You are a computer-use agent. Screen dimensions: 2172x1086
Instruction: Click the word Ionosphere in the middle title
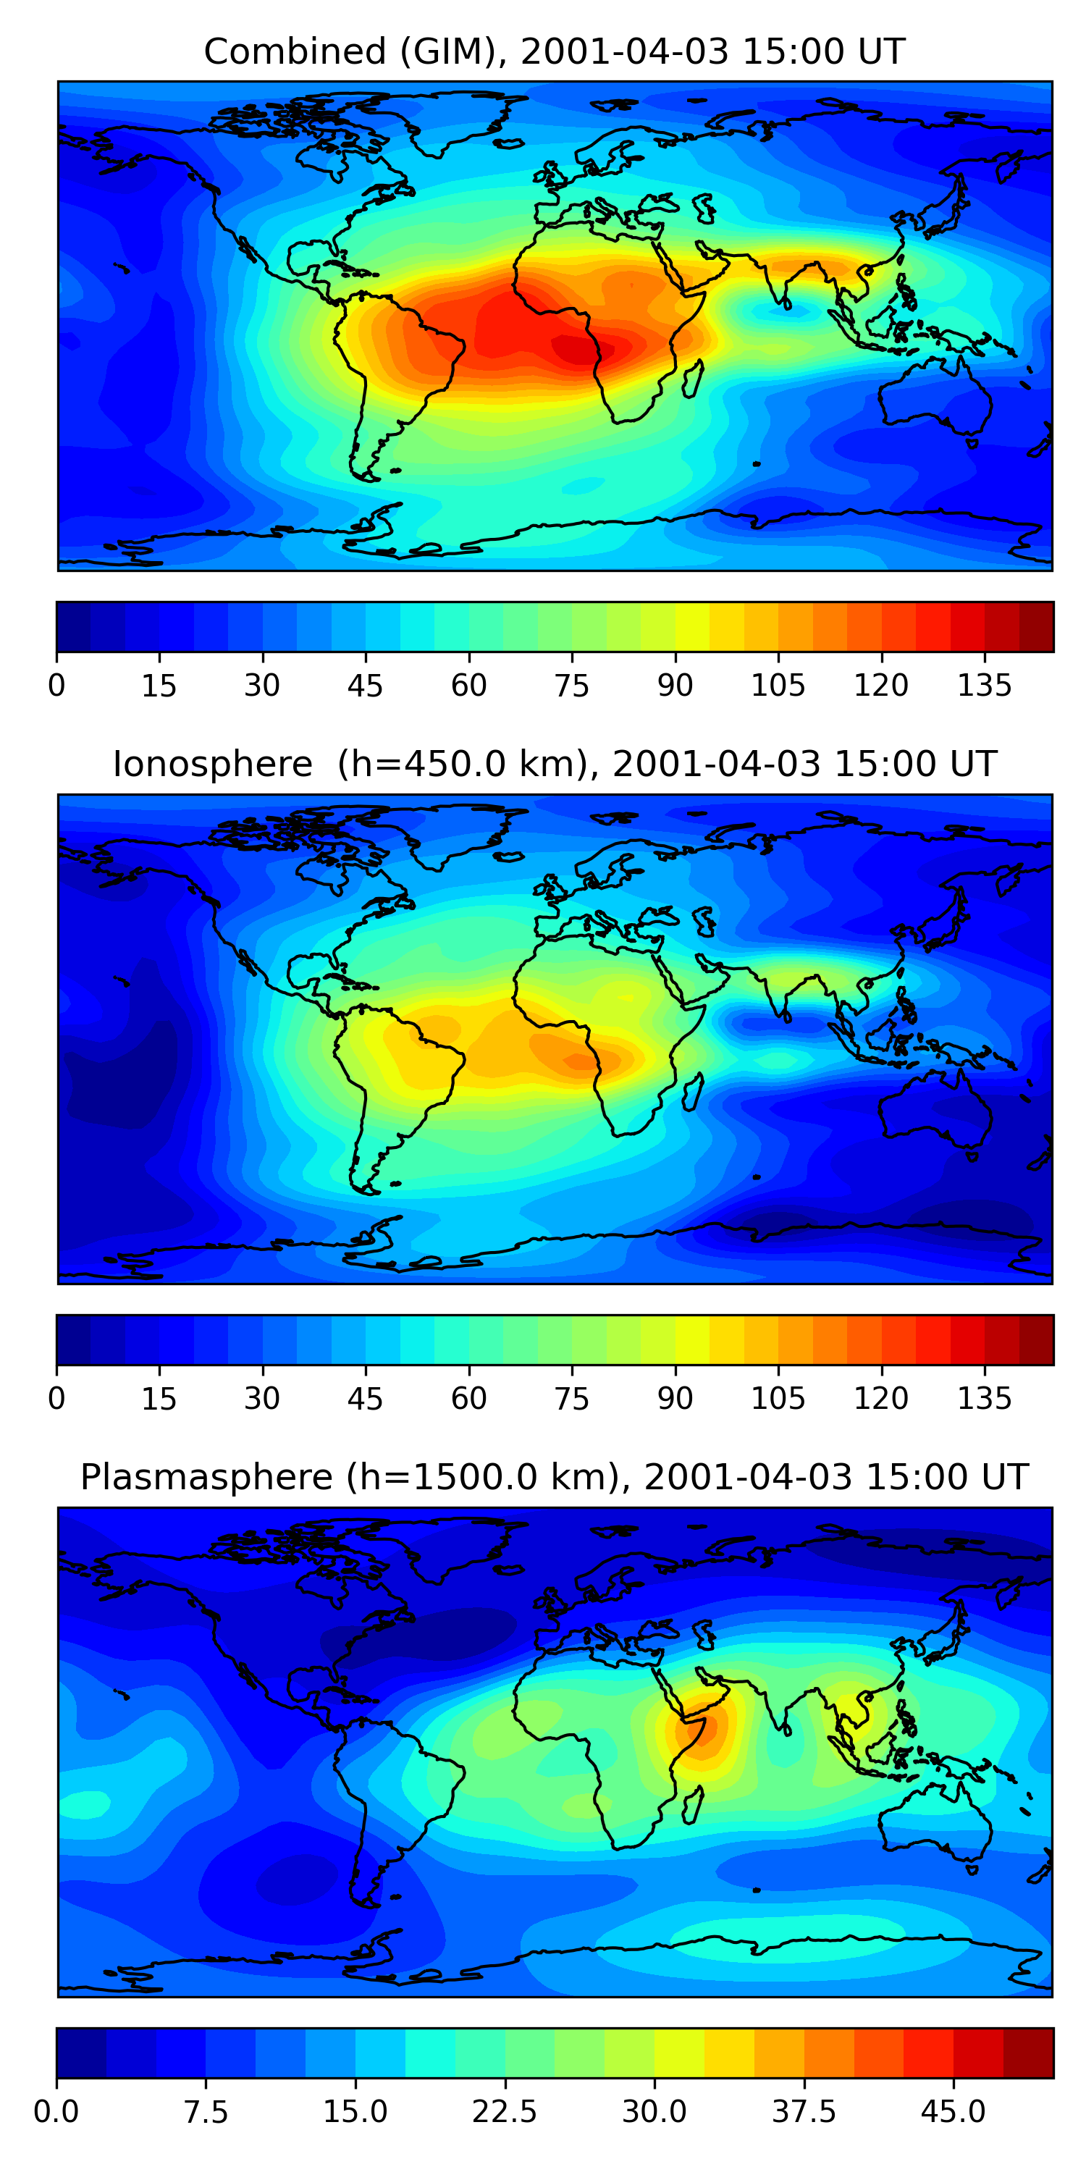[x=212, y=764]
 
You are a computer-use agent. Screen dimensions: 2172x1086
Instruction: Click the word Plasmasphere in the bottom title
[x=206, y=1476]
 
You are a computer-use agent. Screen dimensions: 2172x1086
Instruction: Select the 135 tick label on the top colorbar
[x=984, y=686]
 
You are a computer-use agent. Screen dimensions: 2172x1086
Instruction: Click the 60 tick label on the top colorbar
[x=469, y=686]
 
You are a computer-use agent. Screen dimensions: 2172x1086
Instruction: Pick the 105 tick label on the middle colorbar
[x=778, y=1398]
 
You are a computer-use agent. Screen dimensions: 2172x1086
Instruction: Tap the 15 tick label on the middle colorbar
[x=159, y=1398]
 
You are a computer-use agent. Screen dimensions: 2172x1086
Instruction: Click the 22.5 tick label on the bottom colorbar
[x=504, y=2112]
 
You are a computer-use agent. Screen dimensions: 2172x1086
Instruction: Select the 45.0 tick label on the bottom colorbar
[x=954, y=2112]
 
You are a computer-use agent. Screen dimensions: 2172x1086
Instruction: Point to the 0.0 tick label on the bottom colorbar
[x=56, y=2112]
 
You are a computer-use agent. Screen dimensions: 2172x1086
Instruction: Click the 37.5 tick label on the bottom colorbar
[x=804, y=2112]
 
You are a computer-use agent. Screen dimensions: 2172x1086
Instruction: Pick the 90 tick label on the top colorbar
[x=675, y=686]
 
